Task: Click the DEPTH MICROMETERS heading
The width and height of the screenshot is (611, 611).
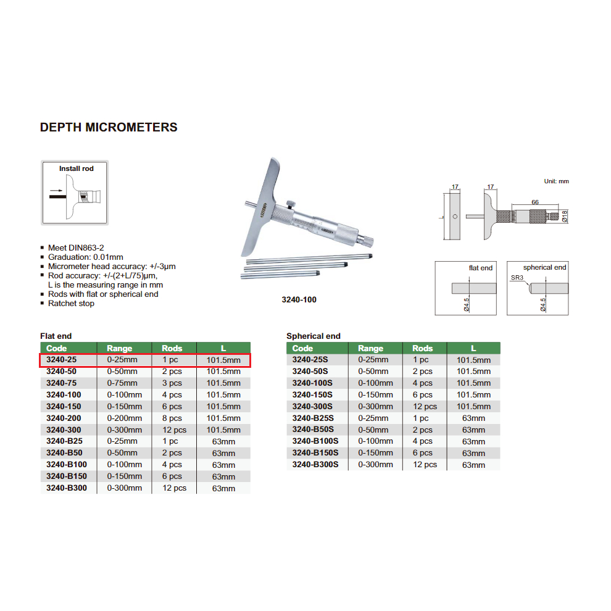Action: [x=109, y=128]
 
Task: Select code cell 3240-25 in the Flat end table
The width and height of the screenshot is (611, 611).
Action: [x=60, y=360]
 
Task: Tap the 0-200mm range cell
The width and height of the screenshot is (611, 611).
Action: [x=125, y=418]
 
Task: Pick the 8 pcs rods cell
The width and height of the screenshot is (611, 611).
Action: [x=172, y=418]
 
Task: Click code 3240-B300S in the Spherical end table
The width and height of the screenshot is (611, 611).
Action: [x=315, y=465]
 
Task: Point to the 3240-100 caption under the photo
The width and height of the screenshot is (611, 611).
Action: [x=300, y=300]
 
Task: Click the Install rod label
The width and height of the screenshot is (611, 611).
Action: [x=76, y=168]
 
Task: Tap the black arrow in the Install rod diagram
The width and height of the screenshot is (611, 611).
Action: [x=56, y=191]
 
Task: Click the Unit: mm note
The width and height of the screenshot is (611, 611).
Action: [x=556, y=181]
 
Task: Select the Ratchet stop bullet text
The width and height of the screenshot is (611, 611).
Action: [x=71, y=304]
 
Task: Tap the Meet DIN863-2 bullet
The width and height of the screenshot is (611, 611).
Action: [x=75, y=247]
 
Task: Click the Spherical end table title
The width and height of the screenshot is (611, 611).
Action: [x=313, y=336]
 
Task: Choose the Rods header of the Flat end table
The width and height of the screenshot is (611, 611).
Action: [x=172, y=348]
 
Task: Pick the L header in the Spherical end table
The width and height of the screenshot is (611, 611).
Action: [x=473, y=348]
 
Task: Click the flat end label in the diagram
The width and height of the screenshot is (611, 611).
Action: [x=481, y=268]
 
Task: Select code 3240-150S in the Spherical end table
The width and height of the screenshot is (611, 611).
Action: [x=312, y=395]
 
